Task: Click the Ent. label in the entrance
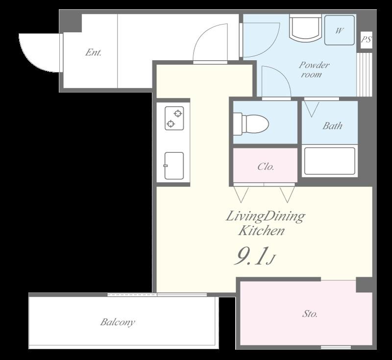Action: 93,52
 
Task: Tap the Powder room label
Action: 314,70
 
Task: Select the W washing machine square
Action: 340,30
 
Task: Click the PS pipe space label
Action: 366,40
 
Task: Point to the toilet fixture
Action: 251,124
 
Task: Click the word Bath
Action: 332,126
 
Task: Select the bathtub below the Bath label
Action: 330,161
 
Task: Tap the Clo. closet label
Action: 266,167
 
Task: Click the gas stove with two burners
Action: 174,118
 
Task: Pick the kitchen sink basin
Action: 174,166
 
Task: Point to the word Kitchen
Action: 261,231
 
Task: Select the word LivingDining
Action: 265,217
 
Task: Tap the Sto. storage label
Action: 310,314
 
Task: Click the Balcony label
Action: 118,322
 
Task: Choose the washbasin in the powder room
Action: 305,27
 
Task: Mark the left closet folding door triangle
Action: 241,195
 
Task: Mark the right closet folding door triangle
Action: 287,195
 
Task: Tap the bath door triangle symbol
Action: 312,109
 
